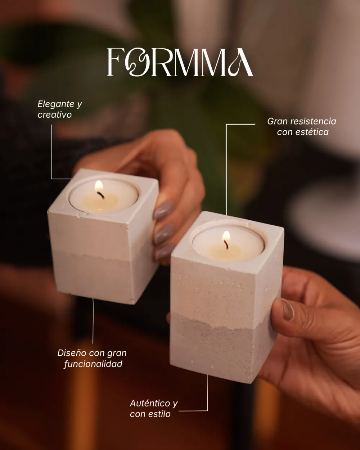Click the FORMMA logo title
click(x=180, y=62)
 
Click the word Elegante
click(x=56, y=104)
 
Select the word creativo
click(x=55, y=114)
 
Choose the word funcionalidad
click(x=93, y=364)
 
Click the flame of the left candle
click(x=99, y=186)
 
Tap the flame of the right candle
click(x=226, y=236)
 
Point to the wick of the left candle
click(x=101, y=195)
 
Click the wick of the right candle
click(x=226, y=245)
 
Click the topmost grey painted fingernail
click(x=163, y=210)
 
